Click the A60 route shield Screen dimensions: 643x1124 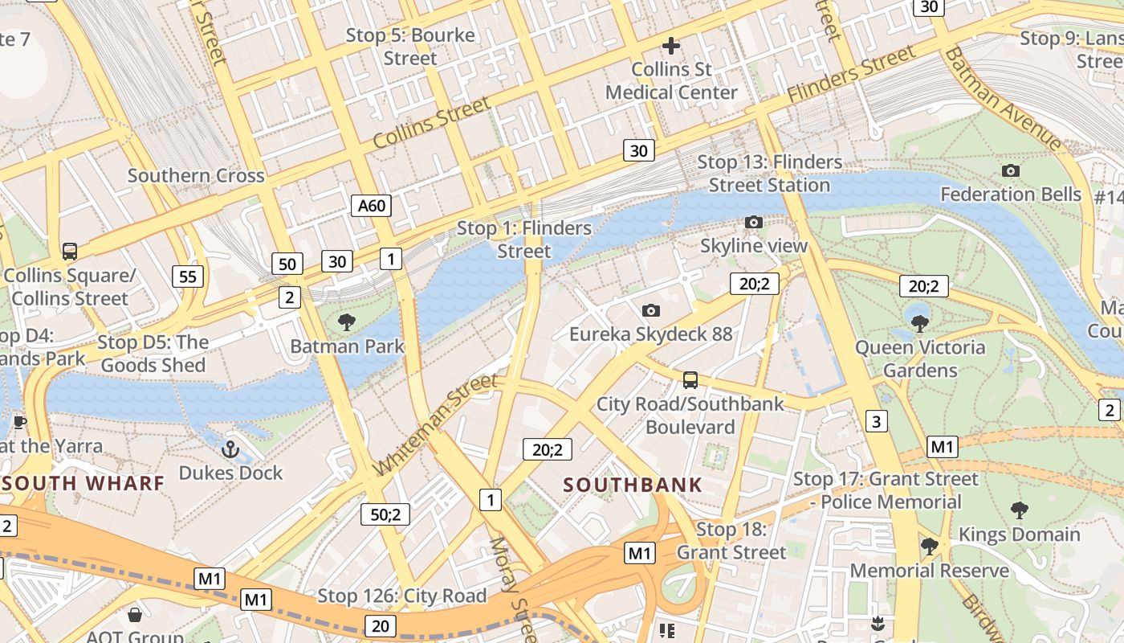[372, 205]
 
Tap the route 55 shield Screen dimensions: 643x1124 [188, 276]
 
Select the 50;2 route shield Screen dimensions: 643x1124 [385, 514]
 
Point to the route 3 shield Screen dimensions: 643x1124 [876, 420]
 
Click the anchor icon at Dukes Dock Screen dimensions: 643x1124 [231, 448]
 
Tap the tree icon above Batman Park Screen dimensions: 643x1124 [347, 322]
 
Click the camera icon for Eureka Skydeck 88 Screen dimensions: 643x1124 [651, 310]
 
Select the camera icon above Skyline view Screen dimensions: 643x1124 [753, 222]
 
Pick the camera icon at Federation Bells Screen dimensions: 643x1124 [1011, 170]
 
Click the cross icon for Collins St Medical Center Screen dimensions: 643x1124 [671, 46]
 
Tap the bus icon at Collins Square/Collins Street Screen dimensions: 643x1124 [70, 252]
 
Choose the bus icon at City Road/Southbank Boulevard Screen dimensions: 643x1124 [690, 380]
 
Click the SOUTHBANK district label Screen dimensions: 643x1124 [633, 485]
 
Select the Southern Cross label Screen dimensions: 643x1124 [196, 175]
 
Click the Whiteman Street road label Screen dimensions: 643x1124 [436, 424]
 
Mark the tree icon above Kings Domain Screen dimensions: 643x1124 [1020, 510]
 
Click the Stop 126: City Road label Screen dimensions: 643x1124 [402, 596]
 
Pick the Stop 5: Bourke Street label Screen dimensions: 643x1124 [410, 47]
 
